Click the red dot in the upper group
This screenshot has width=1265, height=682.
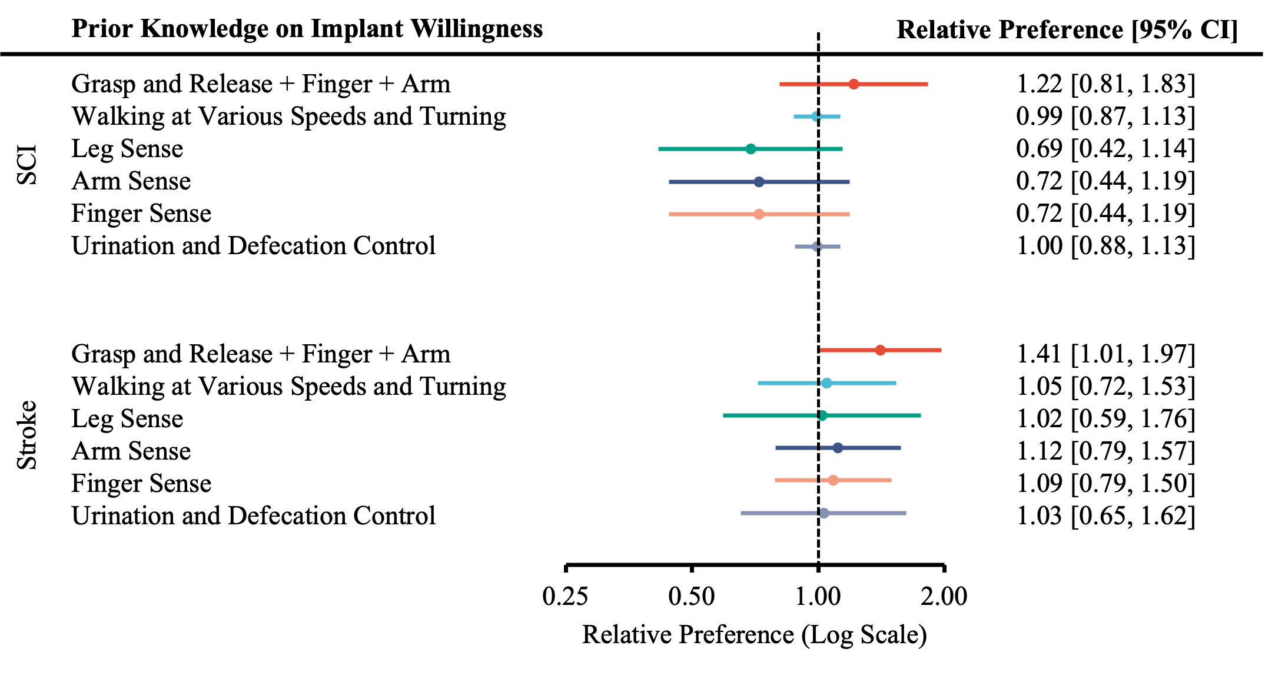[854, 84]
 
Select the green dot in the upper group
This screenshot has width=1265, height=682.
[751, 149]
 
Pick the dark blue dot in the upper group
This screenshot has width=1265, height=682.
[759, 182]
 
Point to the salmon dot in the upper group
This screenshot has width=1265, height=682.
[759, 214]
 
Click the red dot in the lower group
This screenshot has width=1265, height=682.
[880, 350]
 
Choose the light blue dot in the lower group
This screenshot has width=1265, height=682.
[826, 383]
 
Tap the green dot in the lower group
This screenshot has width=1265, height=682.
[822, 415]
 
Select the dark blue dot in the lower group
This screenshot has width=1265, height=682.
[838, 448]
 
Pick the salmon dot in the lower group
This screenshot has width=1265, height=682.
[833, 480]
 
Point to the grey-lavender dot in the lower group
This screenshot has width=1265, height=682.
[824, 513]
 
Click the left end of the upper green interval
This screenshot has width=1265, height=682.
[659, 149]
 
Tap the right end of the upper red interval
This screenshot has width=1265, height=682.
[928, 84]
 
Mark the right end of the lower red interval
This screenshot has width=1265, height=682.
[941, 350]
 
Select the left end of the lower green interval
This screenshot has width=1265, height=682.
[723, 415]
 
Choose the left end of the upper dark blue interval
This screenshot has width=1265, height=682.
[669, 182]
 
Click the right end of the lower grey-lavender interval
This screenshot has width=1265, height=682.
[906, 513]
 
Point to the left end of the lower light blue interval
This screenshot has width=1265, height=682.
[758, 383]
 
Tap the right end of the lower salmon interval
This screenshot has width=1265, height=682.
[891, 480]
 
